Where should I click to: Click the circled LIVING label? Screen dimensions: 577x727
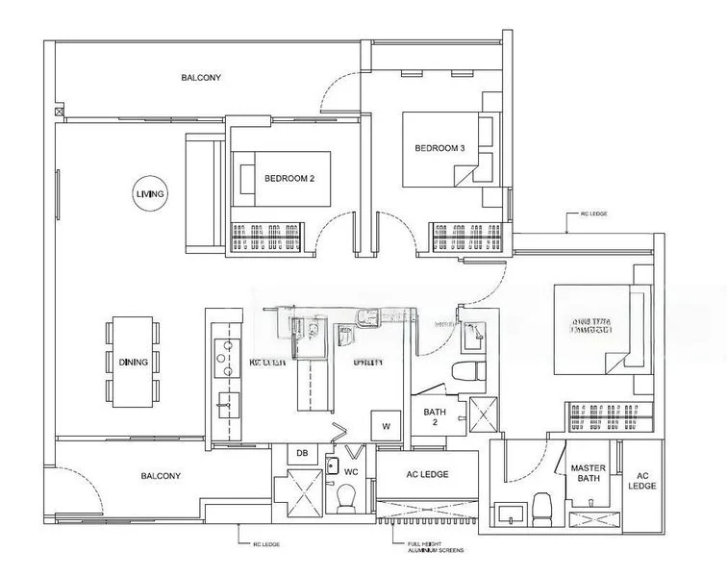[x=150, y=194]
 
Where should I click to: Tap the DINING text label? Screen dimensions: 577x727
[x=134, y=363]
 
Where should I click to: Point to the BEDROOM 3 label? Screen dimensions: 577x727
[x=439, y=148]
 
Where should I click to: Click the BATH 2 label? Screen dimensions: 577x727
[x=435, y=417]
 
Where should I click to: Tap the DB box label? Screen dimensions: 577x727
[x=301, y=454]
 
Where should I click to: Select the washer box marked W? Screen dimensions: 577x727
[x=386, y=424]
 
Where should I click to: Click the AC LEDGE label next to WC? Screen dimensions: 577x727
[x=426, y=474]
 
